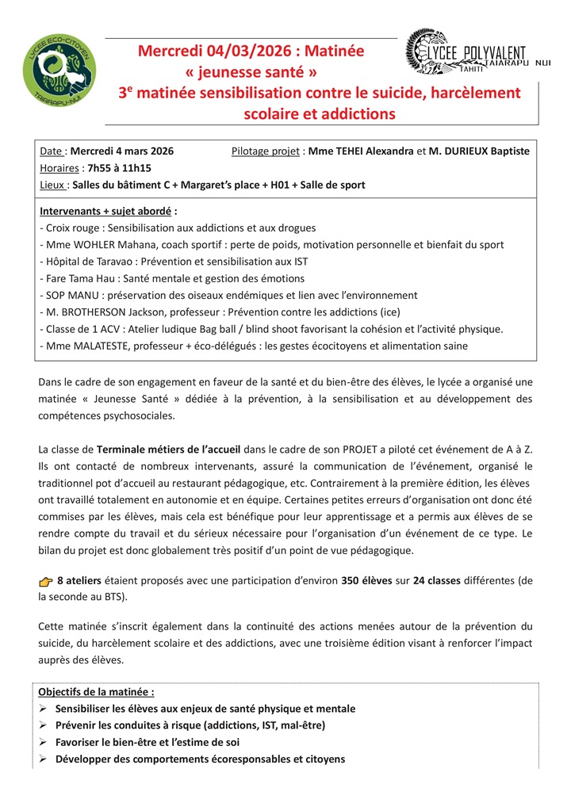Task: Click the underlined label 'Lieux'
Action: point(52,185)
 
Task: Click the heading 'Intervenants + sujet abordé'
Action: point(107,211)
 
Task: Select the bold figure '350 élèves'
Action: point(366,581)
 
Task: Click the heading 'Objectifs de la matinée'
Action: point(96,691)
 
